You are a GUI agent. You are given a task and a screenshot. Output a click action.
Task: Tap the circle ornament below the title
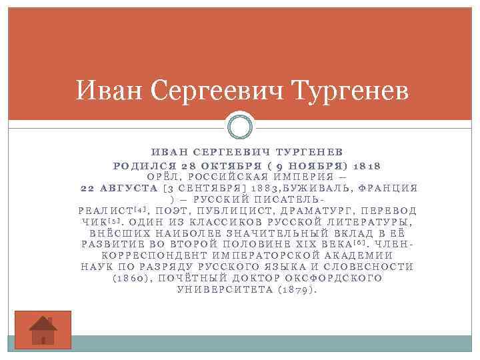(239, 127)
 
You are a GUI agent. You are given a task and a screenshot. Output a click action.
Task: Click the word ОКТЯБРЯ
(229, 165)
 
